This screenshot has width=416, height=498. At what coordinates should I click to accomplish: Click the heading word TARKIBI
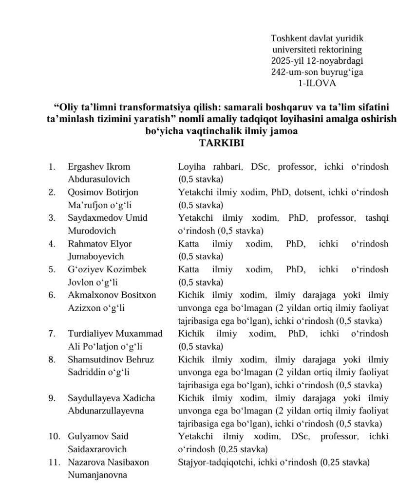point(221,143)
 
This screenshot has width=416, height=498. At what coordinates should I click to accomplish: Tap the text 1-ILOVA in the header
point(317,83)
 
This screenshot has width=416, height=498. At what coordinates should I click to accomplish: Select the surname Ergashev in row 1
point(84,167)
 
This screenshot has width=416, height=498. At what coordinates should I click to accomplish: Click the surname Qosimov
point(84,192)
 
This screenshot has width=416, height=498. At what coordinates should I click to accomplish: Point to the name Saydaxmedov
point(92,217)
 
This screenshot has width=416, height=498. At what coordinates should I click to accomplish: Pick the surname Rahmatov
point(85,243)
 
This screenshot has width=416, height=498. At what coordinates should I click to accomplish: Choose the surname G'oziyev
point(84,269)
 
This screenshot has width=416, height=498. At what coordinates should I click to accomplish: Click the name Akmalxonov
point(89,295)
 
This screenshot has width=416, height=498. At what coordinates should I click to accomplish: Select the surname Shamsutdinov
point(93,359)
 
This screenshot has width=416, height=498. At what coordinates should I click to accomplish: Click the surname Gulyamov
point(86,436)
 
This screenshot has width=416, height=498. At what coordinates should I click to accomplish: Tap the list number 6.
point(52,295)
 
